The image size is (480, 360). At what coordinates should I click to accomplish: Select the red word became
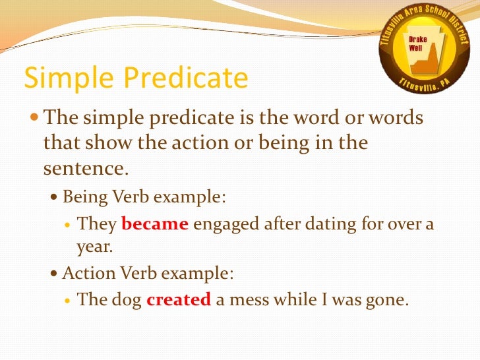(156, 224)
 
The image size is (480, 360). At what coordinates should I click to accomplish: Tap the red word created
(179, 299)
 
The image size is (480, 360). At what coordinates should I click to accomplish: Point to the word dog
(126, 299)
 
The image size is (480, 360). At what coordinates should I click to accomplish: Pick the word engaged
(225, 224)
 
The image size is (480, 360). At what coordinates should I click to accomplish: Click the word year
(94, 248)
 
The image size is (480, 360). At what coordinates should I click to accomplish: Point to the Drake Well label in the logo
(418, 44)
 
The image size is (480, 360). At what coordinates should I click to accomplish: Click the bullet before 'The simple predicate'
(34, 118)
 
